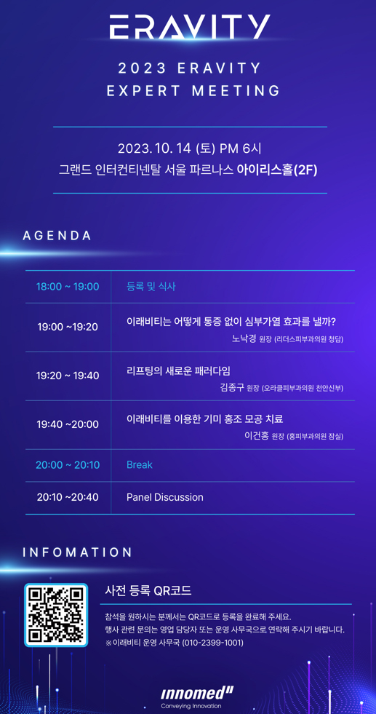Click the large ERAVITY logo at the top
pos(189,26)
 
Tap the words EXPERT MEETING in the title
pos(193,91)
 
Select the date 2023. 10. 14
pos(154,148)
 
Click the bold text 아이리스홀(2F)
pos(277,170)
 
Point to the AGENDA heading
pos(57,236)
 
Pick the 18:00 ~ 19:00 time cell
pos(68,287)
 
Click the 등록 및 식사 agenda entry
pos(151,287)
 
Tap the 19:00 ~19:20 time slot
pos(68,327)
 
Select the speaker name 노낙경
pos(244,338)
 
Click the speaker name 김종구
pos(232,387)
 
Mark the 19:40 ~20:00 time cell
pos(68,424)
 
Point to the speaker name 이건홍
pos(257,436)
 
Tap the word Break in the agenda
pos(140,465)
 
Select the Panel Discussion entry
pos(165,497)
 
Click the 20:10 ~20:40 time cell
pos(68,497)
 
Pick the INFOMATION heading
pos(77,552)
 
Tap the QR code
pos(55,615)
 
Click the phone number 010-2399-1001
pos(212,643)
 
